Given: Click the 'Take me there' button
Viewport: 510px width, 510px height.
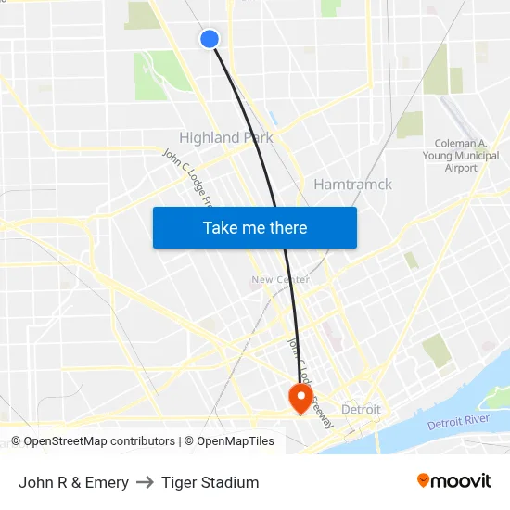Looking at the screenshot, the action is [255, 228].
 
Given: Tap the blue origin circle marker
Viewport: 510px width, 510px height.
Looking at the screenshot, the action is [210, 38].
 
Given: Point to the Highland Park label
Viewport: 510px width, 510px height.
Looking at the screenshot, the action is [225, 137].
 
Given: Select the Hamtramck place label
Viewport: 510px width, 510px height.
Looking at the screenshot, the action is [352, 185].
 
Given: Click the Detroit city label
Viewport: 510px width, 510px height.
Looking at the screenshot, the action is [361, 409].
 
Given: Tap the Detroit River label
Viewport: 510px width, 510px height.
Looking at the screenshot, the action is [458, 423].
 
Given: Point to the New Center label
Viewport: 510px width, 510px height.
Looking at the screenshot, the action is [280, 279].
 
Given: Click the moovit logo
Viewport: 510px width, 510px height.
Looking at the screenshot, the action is [453, 481].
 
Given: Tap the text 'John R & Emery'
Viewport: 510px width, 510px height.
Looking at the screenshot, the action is [73, 482].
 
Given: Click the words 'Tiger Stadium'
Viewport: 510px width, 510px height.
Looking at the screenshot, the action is [210, 482].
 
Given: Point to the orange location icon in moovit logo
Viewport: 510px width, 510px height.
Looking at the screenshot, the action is [424, 480].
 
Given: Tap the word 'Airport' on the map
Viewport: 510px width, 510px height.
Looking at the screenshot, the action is [462, 168].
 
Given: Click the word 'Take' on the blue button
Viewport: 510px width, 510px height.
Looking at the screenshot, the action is [221, 228].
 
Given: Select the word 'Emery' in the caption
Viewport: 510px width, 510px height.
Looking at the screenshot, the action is [108, 482].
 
